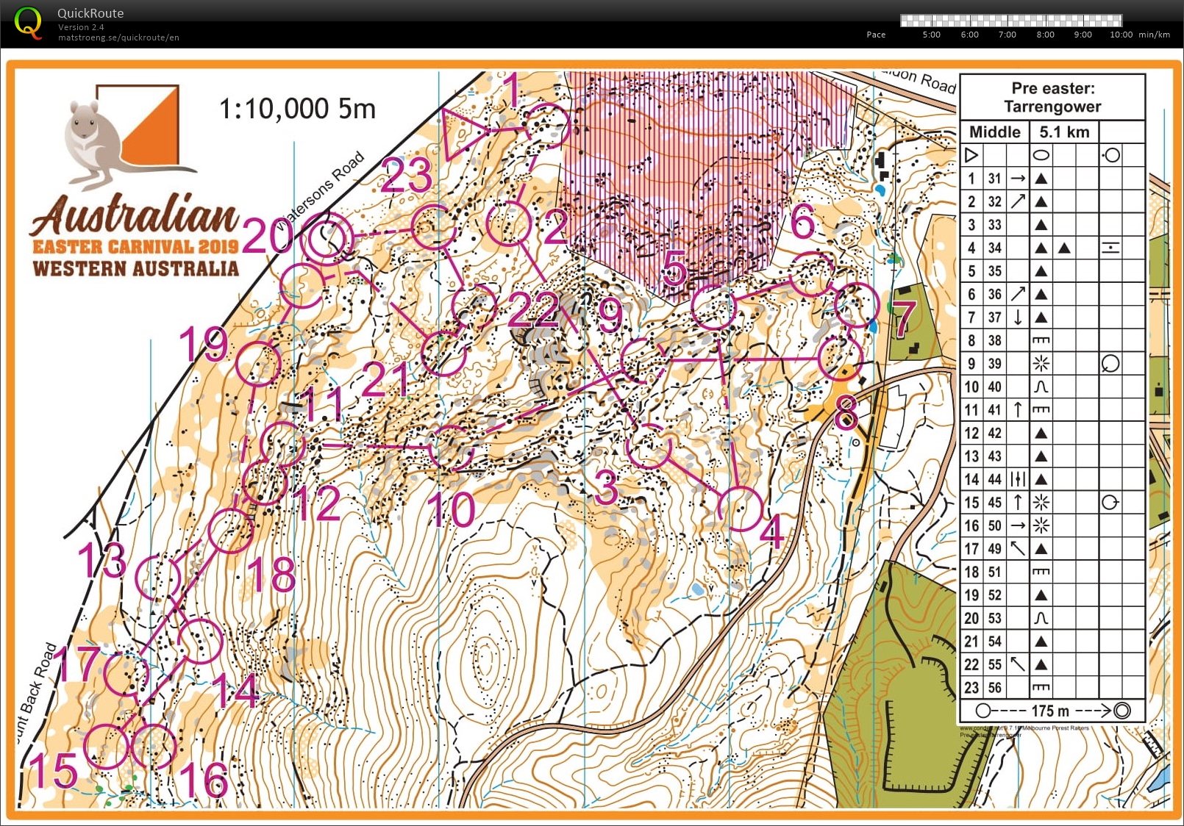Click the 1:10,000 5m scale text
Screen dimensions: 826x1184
297,109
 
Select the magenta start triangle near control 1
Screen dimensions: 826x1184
461,133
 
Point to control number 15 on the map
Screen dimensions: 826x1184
54,771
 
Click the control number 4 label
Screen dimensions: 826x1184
771,532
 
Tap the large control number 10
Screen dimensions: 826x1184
451,510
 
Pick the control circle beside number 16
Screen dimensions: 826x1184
154,746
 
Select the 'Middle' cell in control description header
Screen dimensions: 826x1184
994,132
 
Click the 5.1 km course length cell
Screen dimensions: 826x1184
1063,132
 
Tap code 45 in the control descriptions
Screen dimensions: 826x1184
994,503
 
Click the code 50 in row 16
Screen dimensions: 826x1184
994,525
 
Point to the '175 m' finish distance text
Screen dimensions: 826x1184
1049,711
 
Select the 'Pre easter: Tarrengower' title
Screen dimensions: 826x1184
1052,97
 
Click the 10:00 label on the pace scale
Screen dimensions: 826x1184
1121,35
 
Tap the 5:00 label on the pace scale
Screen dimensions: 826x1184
931,35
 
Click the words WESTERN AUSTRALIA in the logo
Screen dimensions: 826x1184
136,268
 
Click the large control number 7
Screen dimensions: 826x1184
904,317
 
